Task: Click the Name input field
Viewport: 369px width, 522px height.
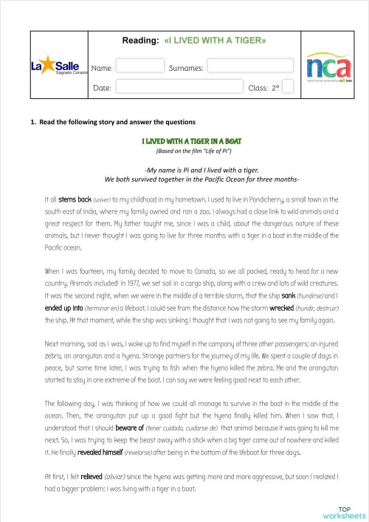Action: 139,67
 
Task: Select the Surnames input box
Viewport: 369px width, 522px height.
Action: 249,66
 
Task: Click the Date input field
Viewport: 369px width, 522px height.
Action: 179,87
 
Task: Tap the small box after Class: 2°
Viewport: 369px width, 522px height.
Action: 288,87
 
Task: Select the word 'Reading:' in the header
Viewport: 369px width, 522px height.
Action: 140,41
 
